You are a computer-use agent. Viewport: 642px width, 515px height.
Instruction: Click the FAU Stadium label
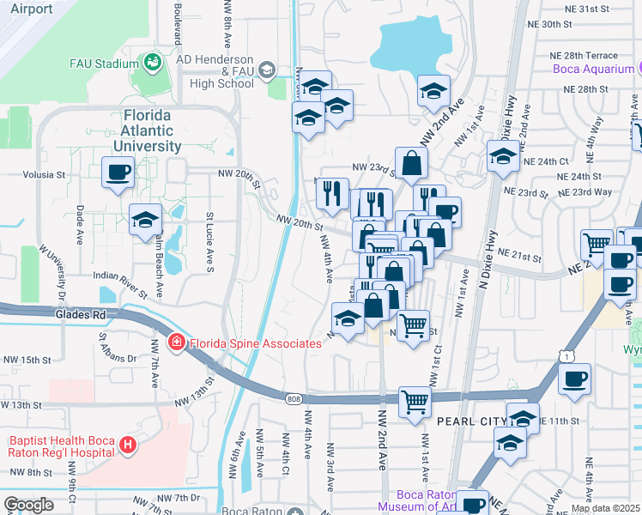click(105, 64)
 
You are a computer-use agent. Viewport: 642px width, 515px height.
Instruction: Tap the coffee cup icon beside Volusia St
click(118, 173)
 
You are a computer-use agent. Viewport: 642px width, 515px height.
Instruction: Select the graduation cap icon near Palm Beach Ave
click(146, 221)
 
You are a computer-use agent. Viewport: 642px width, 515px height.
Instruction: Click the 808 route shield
click(294, 397)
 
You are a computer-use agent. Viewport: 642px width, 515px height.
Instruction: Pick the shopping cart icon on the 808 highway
click(415, 401)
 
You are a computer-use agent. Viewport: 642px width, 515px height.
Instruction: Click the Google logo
click(28, 506)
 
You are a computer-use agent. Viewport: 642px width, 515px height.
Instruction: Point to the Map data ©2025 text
click(605, 508)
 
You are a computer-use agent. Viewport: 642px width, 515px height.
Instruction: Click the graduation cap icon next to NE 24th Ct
click(503, 157)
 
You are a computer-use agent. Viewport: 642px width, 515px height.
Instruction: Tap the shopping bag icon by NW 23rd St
click(412, 164)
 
